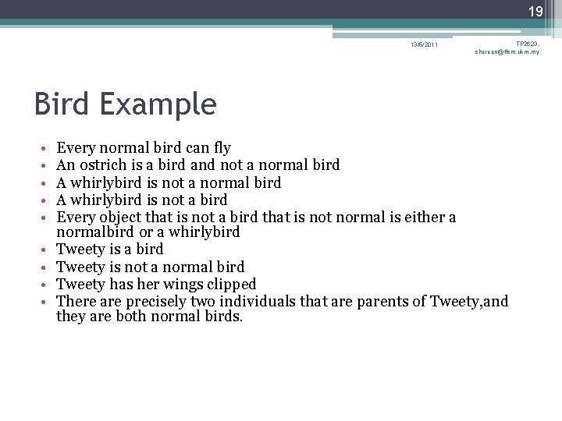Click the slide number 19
(536, 12)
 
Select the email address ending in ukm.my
(507, 52)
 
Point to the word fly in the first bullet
(222, 147)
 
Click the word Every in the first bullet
(74, 147)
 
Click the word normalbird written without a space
(92, 232)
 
